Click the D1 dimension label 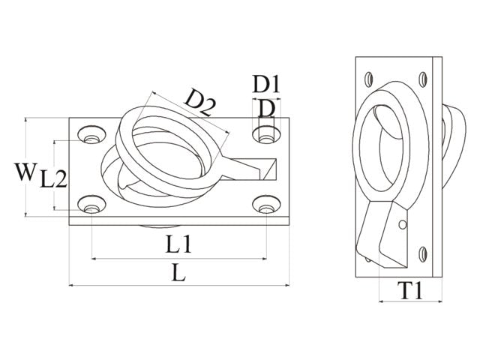[x=266, y=84]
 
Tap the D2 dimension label [x=200, y=102]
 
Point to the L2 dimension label [x=53, y=179]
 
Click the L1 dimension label [x=178, y=244]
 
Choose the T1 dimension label [x=410, y=290]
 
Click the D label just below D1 [x=266, y=108]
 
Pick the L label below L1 [x=178, y=272]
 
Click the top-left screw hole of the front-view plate [x=91, y=134]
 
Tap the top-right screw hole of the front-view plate [x=266, y=134]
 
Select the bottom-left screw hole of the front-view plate [x=91, y=204]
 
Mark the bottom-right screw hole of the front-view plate [x=266, y=204]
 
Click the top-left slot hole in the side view [x=369, y=79]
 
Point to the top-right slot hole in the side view [x=423, y=79]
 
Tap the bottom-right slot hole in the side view [x=423, y=254]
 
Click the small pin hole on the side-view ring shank [x=403, y=225]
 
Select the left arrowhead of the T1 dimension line [x=382, y=301]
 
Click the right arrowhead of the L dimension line [x=286, y=285]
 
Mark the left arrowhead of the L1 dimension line [x=94, y=259]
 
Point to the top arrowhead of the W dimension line [x=25, y=120]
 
